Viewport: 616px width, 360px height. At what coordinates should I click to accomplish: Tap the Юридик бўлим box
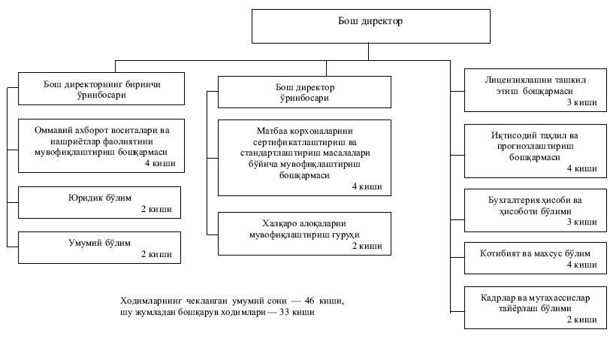pyautogui.click(x=100, y=203)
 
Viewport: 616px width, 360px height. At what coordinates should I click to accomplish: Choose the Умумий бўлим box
pyautogui.click(x=100, y=248)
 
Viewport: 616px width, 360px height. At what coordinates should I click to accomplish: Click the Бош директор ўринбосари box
pyautogui.click(x=304, y=92)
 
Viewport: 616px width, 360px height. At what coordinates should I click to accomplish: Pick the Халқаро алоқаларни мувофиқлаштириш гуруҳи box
pyautogui.click(x=304, y=234)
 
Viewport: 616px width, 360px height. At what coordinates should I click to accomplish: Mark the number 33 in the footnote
pyautogui.click(x=285, y=312)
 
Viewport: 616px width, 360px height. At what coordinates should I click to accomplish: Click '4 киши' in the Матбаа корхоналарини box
pyautogui.click(x=367, y=186)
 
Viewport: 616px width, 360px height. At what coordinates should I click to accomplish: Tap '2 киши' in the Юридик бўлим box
pyautogui.click(x=156, y=210)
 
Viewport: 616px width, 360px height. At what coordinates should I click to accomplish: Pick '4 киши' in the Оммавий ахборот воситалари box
pyautogui.click(x=156, y=162)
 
